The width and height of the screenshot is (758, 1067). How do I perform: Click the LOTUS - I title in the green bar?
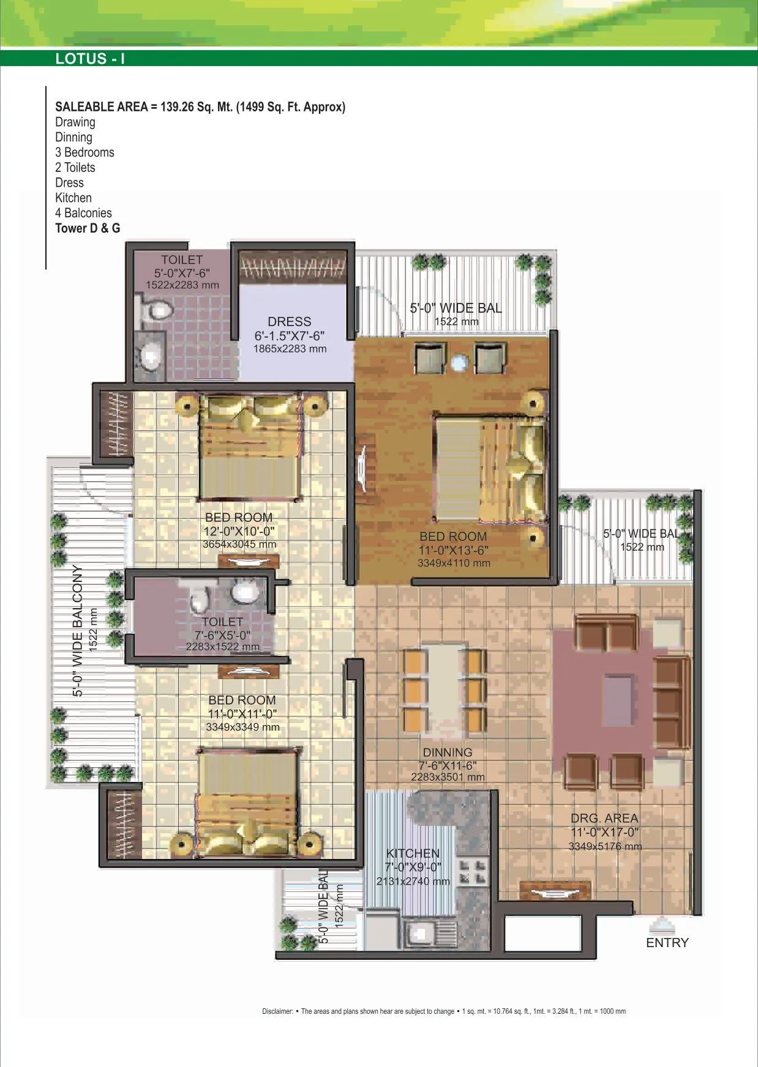click(90, 59)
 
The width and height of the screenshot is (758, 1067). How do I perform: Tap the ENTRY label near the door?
click(667, 943)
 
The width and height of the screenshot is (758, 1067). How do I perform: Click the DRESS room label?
click(289, 322)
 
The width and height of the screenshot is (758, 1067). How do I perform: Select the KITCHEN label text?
click(413, 853)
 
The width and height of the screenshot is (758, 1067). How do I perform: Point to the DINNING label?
click(448, 753)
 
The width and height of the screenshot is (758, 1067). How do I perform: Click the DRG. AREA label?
click(604, 819)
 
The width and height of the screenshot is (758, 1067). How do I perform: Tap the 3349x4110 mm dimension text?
click(454, 563)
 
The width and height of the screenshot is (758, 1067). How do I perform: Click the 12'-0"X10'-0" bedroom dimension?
click(239, 532)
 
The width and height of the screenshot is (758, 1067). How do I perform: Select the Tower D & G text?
click(88, 228)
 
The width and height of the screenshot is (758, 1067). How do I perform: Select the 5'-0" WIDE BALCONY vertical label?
click(78, 631)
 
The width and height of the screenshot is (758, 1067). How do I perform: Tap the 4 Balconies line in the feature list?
click(83, 213)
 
